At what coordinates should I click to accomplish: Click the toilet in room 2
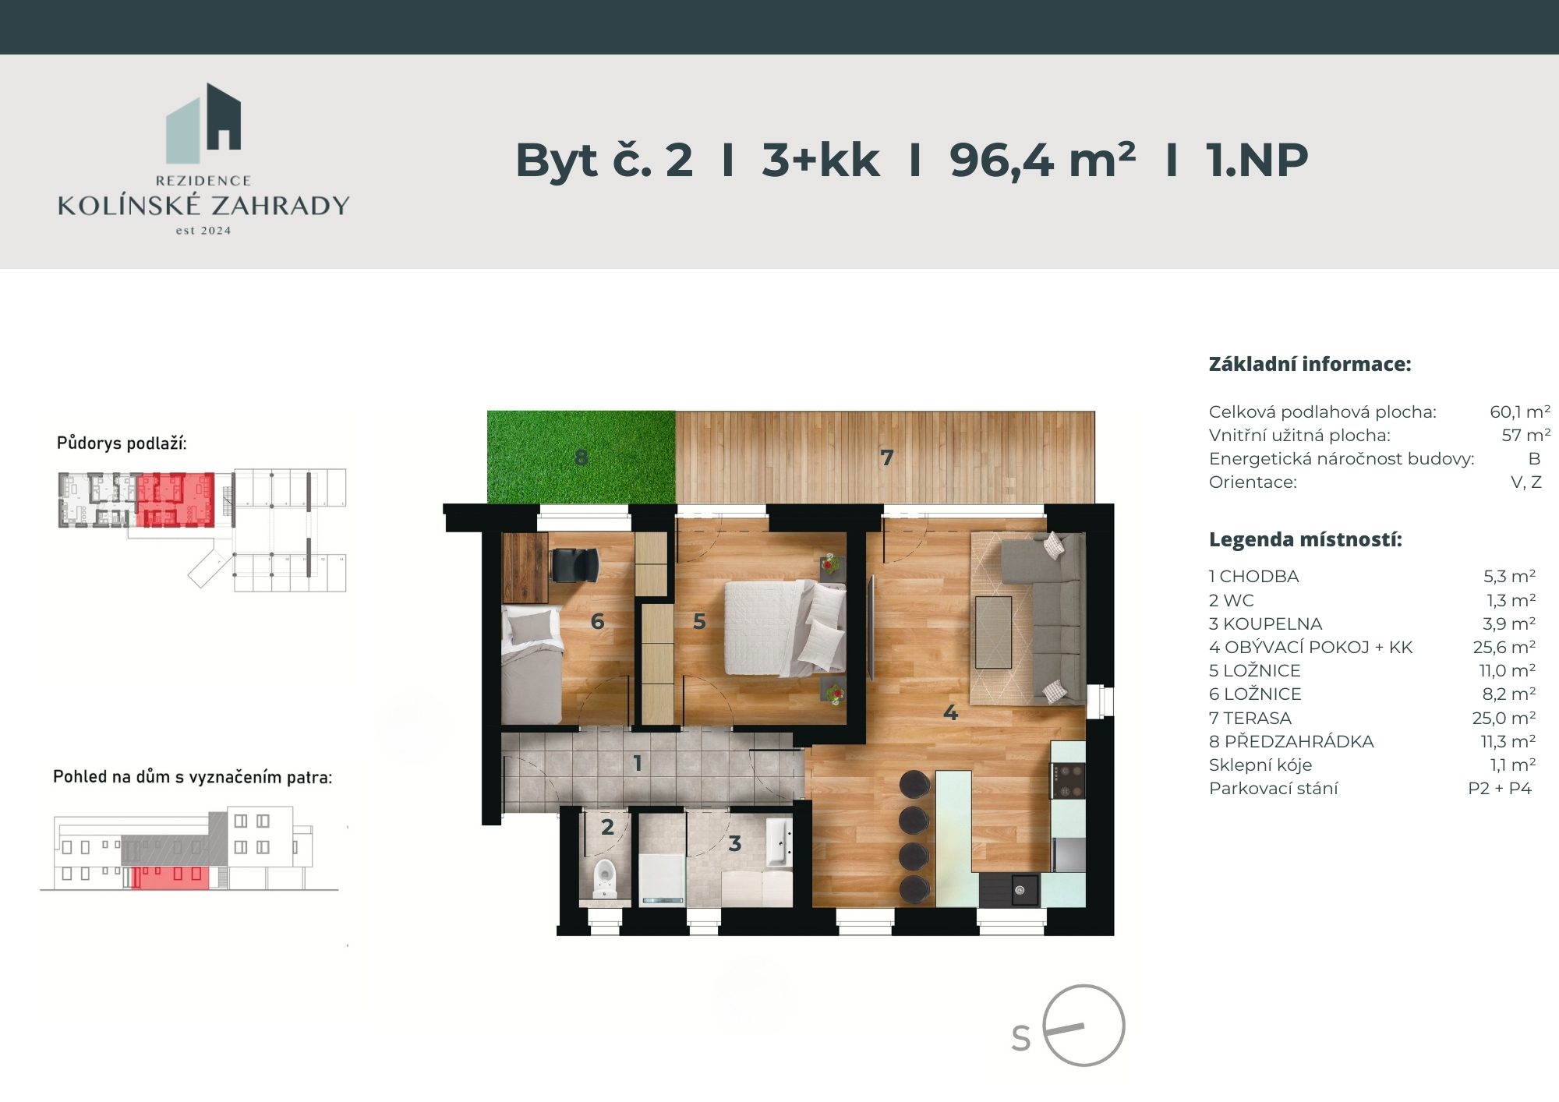pyautogui.click(x=604, y=878)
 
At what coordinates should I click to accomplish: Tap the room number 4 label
pyautogui.click(x=950, y=712)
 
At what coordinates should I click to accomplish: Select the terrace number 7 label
pyautogui.click(x=886, y=457)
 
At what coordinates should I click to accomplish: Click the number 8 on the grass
pyautogui.click(x=581, y=457)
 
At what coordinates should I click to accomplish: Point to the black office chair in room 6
pyautogui.click(x=574, y=564)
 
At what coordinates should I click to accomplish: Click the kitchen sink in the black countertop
pyautogui.click(x=1020, y=890)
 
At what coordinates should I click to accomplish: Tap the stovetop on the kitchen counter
pyautogui.click(x=1068, y=780)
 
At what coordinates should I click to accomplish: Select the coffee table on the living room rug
pyautogui.click(x=993, y=632)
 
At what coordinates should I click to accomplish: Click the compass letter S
pyautogui.click(x=1020, y=1039)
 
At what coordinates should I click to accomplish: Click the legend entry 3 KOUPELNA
pyautogui.click(x=1265, y=623)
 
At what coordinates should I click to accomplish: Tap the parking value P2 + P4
pyautogui.click(x=1500, y=788)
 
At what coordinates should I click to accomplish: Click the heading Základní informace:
pyautogui.click(x=1310, y=364)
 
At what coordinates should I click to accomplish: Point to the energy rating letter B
pyautogui.click(x=1534, y=458)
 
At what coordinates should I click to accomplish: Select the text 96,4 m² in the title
pyautogui.click(x=1041, y=161)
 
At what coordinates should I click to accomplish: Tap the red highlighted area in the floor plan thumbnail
pyautogui.click(x=175, y=499)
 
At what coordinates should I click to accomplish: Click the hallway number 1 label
pyautogui.click(x=638, y=763)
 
